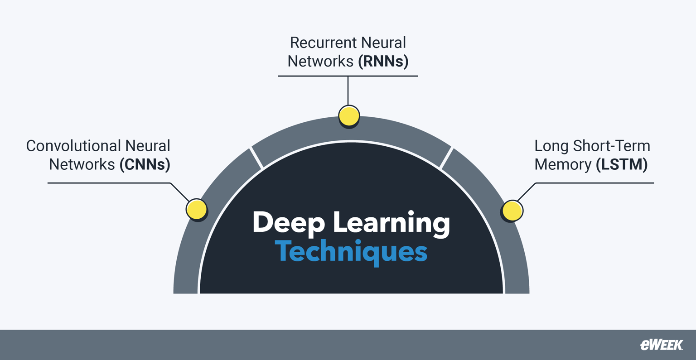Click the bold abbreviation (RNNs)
pyautogui.click(x=383, y=61)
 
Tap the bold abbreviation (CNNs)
pyautogui.click(x=145, y=164)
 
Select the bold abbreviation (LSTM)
pyautogui.click(x=621, y=164)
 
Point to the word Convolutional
pyautogui.click(x=73, y=146)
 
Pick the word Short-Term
pyautogui.click(x=612, y=146)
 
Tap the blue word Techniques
pyautogui.click(x=351, y=252)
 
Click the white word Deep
pyautogui.click(x=289, y=223)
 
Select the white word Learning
pyautogui.click(x=391, y=223)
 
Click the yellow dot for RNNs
pyautogui.click(x=349, y=116)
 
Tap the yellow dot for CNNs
pyautogui.click(x=197, y=209)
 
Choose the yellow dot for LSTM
pyautogui.click(x=512, y=211)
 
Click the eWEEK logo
pyautogui.click(x=662, y=345)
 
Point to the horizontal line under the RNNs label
pyautogui.click(x=348, y=76)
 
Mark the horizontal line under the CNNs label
pyautogui.click(x=109, y=183)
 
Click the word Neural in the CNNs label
pyautogui.click(x=148, y=146)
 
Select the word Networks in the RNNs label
pyautogui.click(x=321, y=61)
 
